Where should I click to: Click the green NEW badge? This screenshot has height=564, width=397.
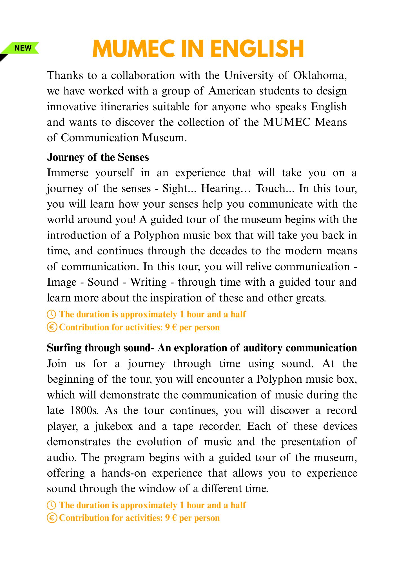23,48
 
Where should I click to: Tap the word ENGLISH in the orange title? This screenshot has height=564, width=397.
257,49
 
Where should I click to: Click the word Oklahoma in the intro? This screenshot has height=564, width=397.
320,76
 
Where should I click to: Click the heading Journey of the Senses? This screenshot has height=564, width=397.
98,157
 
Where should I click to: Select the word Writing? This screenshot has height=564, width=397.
148,282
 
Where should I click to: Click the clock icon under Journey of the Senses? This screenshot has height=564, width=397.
52,314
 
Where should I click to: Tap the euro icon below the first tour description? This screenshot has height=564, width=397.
52,327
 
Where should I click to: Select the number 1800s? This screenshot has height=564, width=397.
84,411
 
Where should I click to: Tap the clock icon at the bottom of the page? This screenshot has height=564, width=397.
52,505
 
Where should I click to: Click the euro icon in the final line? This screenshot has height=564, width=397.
52,518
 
